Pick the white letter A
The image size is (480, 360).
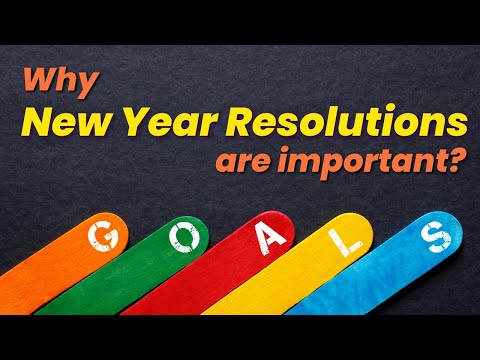267,239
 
